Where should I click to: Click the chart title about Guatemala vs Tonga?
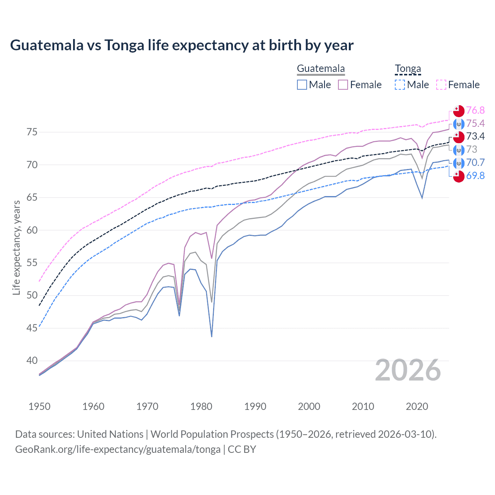pos(182,45)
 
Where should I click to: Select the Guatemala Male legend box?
pos(302,85)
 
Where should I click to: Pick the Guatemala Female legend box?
pos(343,85)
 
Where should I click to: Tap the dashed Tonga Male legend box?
pos(400,85)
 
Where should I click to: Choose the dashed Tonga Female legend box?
pos(441,85)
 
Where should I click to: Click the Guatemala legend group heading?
pos(321,69)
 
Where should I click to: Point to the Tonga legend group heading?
pos(408,69)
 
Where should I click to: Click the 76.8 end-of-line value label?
pos(475,111)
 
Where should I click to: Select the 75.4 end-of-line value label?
pos(475,124)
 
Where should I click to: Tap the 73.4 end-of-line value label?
pos(475,137)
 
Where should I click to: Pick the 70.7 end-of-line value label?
pos(475,163)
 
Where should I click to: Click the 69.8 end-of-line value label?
pos(475,176)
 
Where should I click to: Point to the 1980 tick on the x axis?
pos(201,406)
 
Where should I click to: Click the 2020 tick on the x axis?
pos(417,406)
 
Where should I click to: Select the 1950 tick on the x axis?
pos(39,406)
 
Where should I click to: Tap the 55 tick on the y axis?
pos(32,263)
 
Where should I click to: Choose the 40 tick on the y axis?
pos(32,361)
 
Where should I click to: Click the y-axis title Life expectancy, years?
pos(16,247)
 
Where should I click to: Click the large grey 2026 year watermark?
pos(408,370)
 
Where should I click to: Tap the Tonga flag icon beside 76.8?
pos(459,111)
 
